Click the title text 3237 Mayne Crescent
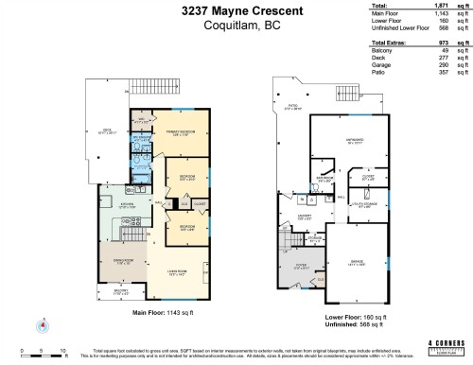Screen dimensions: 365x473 pyautogui.click(x=236, y=12)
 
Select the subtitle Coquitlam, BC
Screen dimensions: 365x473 pyautogui.click(x=236, y=27)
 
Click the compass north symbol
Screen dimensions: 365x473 pyautogui.click(x=42, y=327)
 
